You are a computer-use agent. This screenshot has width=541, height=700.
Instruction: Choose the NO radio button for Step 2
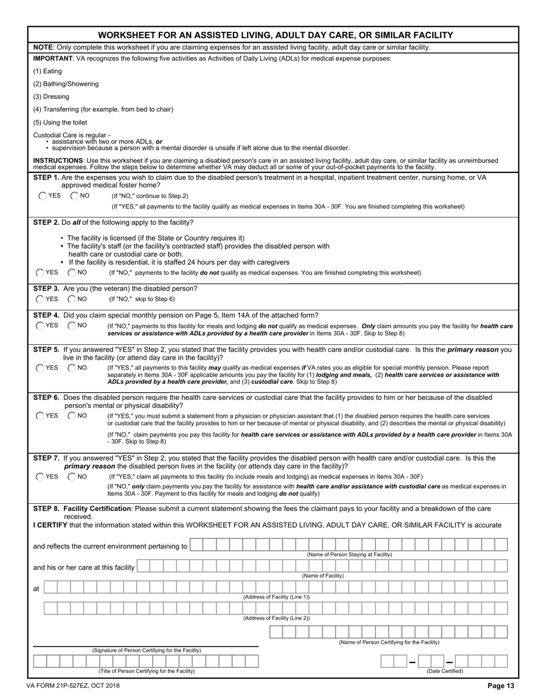[x=72, y=273]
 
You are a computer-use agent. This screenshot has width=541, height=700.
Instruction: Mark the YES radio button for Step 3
[x=40, y=299]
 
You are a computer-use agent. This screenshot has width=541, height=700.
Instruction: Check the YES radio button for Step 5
[x=40, y=368]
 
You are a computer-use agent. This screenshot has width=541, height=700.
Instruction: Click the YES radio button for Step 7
[x=40, y=476]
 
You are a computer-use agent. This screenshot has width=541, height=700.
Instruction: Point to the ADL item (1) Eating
[x=48, y=71]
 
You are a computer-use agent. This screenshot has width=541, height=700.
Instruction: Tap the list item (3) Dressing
[x=51, y=97]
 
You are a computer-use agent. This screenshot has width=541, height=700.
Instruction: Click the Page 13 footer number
[x=501, y=686]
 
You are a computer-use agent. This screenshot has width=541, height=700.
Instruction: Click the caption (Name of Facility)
[x=322, y=576]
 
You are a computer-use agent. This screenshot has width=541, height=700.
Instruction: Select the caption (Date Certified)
[x=445, y=671]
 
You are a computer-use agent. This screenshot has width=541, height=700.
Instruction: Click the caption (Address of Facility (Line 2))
[x=276, y=618]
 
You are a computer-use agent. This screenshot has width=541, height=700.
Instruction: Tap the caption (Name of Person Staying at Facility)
[x=349, y=554]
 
